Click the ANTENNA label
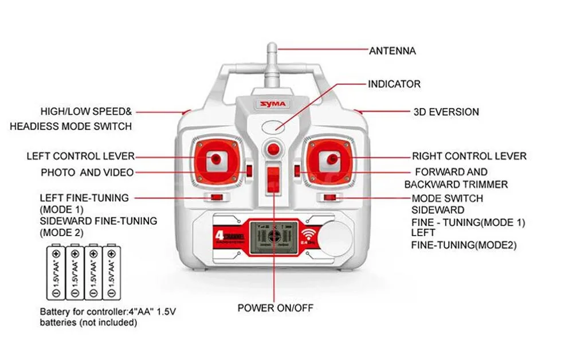(392, 51)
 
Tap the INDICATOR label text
(394, 84)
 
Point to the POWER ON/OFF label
(276, 308)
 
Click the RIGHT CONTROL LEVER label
(469, 156)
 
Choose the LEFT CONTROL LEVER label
(80, 156)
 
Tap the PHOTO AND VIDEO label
(87, 173)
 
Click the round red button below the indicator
(274, 149)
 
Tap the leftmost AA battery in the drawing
(56, 272)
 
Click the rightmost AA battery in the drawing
(112, 272)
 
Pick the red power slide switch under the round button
(274, 177)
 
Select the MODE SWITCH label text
(447, 198)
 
